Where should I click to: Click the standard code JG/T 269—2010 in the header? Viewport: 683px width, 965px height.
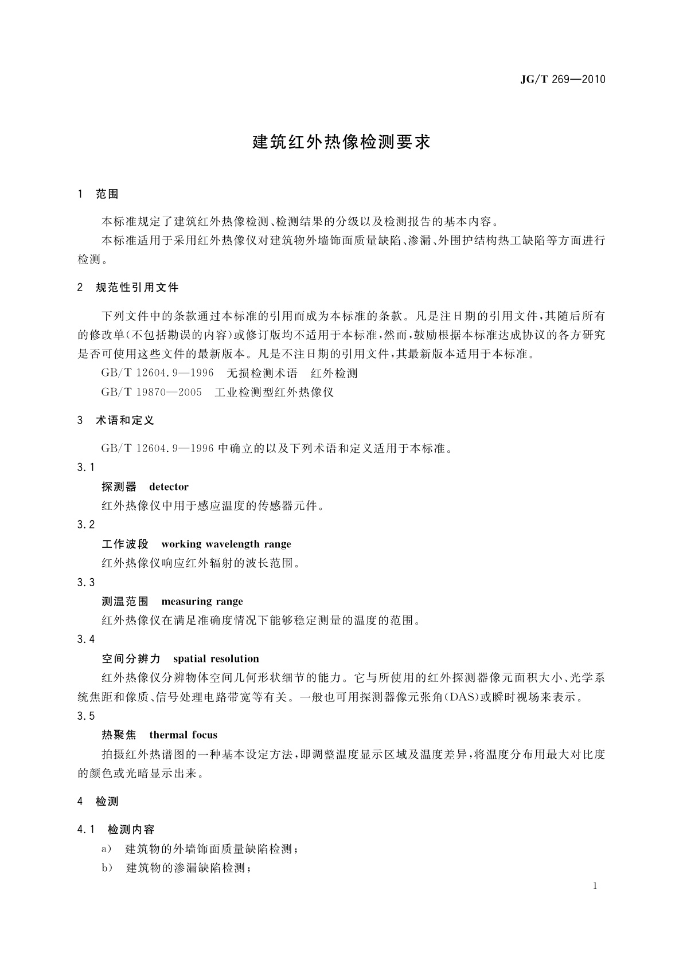(x=563, y=79)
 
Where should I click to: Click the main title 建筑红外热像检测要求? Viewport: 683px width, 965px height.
(x=341, y=142)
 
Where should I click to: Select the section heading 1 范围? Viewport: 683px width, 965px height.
(x=98, y=194)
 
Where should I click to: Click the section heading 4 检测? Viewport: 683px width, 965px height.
(x=98, y=802)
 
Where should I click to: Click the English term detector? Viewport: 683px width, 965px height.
(x=169, y=487)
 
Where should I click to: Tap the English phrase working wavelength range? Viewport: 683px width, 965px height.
(x=226, y=544)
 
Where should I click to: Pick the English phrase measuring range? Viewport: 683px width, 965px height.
(x=202, y=602)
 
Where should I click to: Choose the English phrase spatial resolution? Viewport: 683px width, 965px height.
(x=216, y=659)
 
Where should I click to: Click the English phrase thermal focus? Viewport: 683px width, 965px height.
(x=183, y=735)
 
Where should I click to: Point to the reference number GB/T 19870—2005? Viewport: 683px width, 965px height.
(x=151, y=393)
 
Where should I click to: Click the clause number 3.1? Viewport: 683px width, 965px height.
(x=86, y=468)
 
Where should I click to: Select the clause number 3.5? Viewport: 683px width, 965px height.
(x=86, y=716)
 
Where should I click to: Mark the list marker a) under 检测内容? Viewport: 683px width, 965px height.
(x=107, y=849)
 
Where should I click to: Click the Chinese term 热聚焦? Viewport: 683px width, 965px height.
(x=119, y=735)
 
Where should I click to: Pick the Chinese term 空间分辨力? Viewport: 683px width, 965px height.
(x=131, y=659)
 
